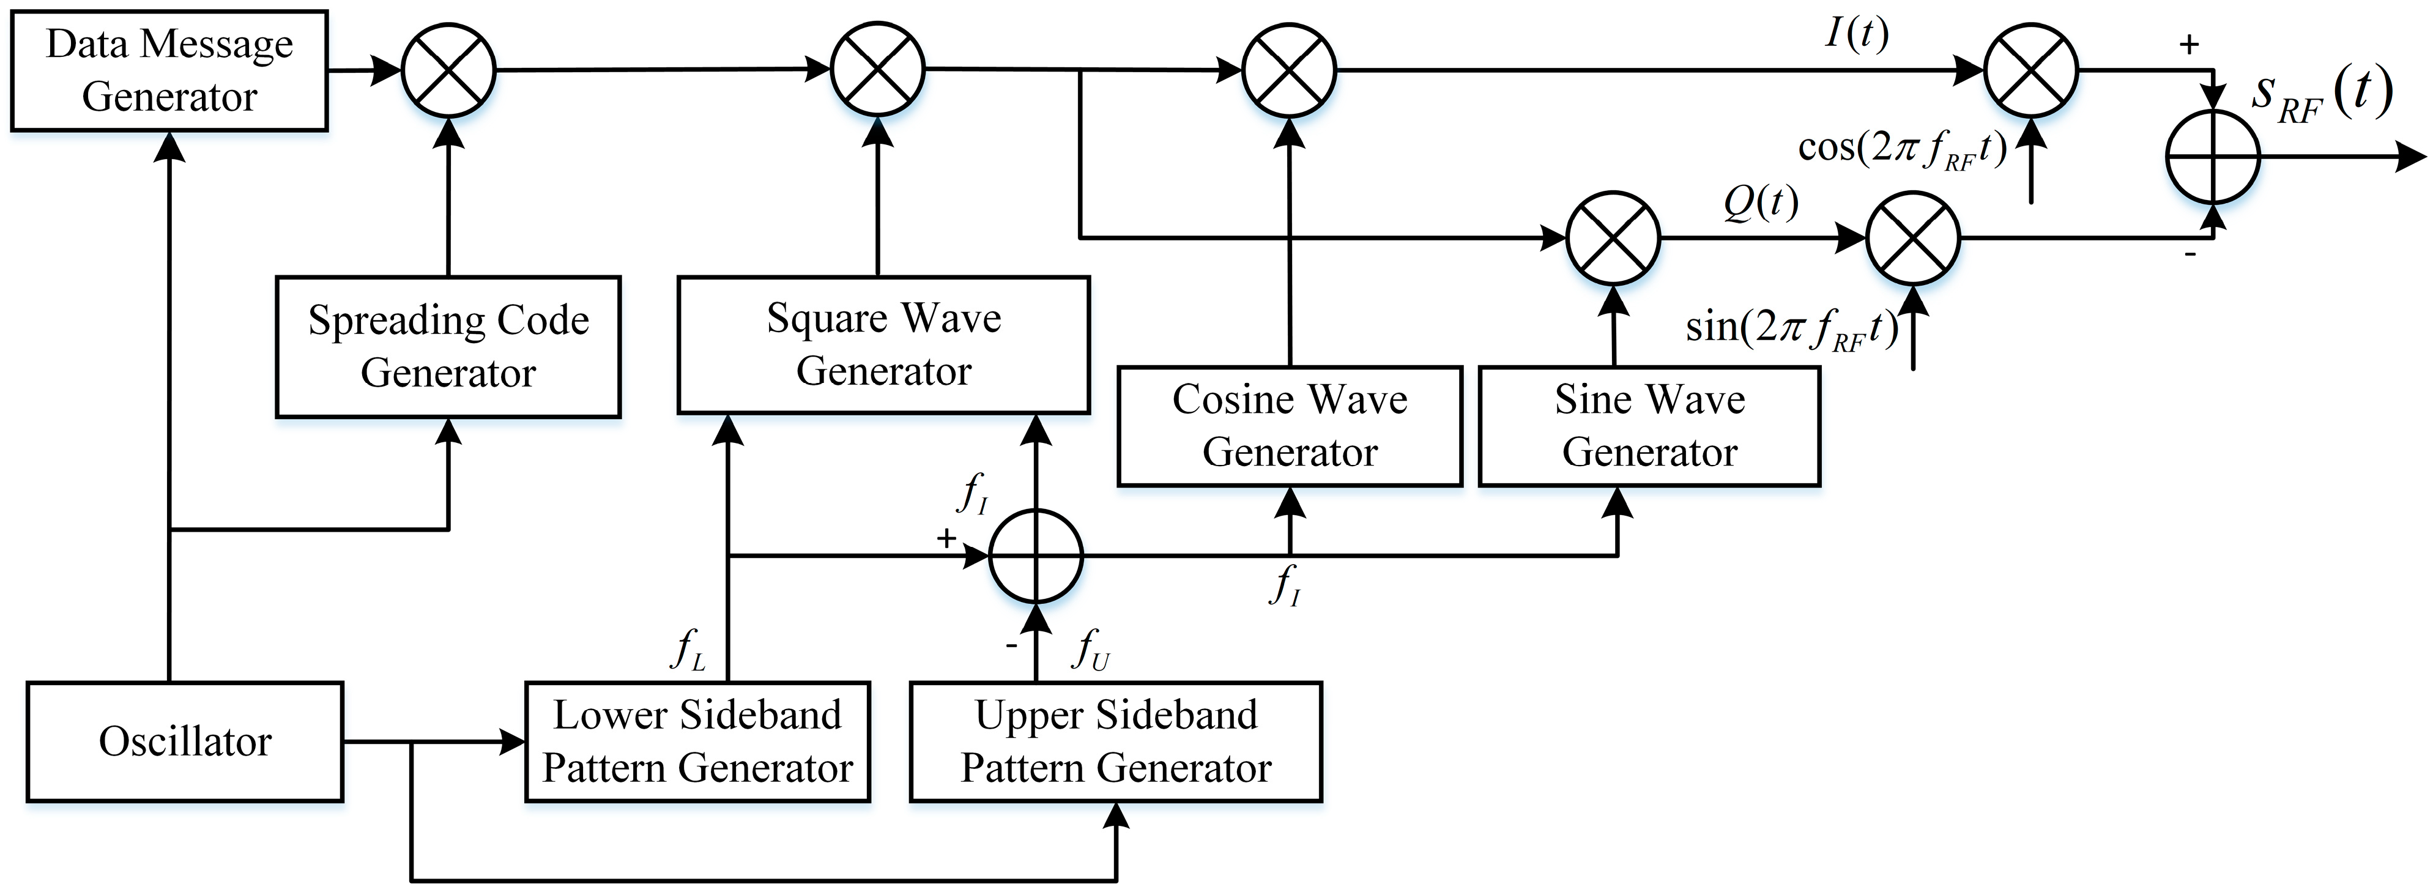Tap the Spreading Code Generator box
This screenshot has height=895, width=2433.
[x=448, y=346]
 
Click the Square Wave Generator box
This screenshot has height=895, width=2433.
[x=883, y=344]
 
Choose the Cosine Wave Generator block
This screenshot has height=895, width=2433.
[x=1289, y=426]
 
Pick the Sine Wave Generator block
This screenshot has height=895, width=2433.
[x=1649, y=426]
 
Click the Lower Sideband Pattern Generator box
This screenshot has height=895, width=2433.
[x=697, y=742]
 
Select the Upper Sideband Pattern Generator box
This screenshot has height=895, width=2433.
[x=1115, y=742]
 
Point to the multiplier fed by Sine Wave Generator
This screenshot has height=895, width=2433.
[x=1613, y=238]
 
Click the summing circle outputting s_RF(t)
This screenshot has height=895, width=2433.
[x=2212, y=157]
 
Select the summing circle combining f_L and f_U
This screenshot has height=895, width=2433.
[x=1035, y=556]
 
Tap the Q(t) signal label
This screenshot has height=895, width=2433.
[x=1761, y=202]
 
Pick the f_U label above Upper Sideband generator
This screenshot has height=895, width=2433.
[x=1091, y=650]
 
